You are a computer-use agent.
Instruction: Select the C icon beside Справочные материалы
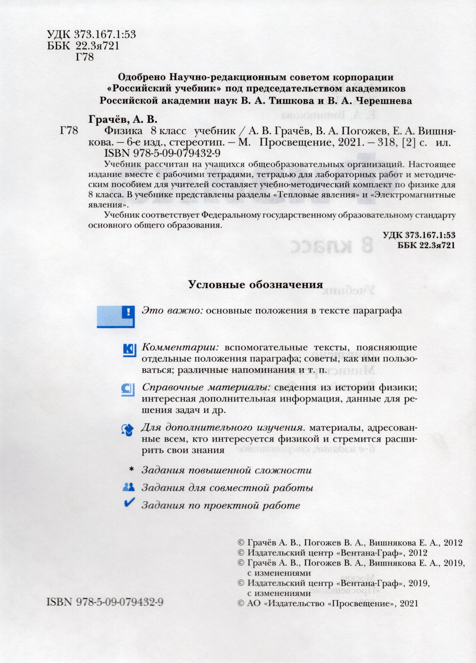[128, 390]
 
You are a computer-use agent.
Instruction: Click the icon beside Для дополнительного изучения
[128, 430]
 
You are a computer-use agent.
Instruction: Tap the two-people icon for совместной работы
[129, 487]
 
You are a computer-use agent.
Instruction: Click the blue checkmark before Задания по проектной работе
[129, 503]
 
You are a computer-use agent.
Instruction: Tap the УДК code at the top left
[91, 35]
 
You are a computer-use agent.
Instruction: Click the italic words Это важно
[172, 310]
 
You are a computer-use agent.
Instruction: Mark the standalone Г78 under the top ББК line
[84, 57]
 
